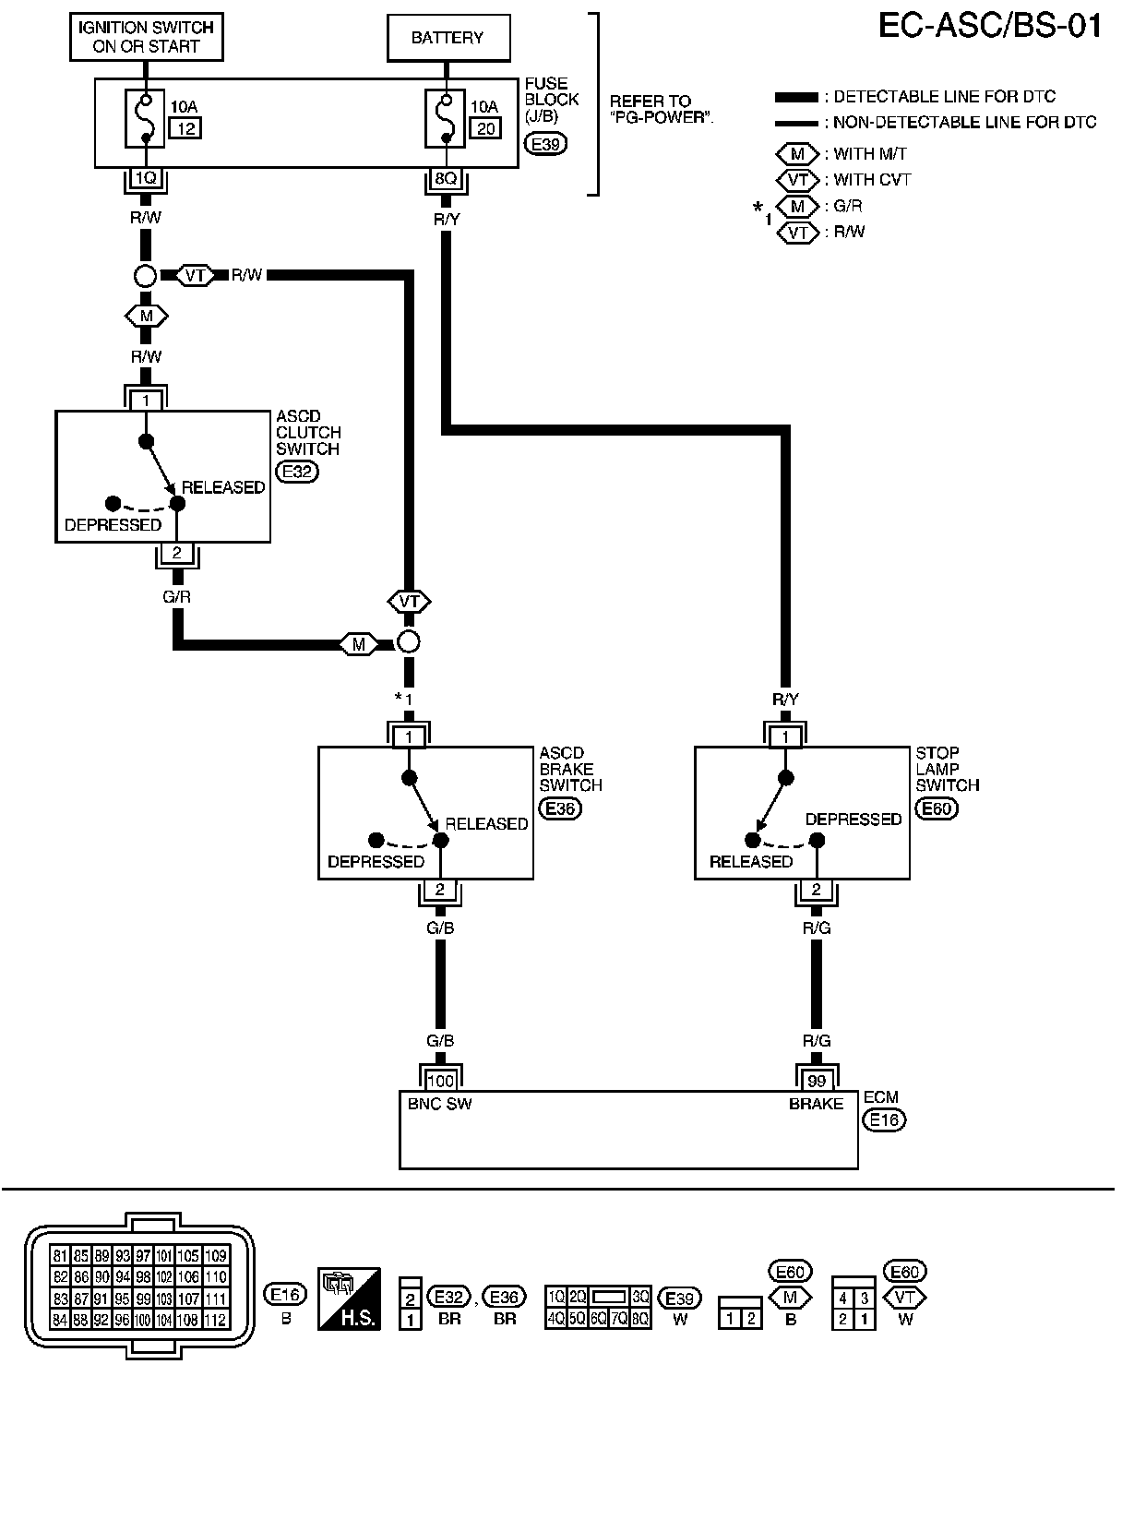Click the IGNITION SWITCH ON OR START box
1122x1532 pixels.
pos(147,37)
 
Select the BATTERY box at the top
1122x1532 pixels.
pos(448,38)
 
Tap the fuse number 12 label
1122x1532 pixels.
pos(186,128)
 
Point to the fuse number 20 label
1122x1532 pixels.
pos(485,128)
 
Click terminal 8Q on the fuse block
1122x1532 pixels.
pos(446,179)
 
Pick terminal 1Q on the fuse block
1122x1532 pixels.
pos(146,179)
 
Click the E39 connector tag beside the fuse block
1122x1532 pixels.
pos(545,144)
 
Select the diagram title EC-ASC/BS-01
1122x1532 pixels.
pos(989,27)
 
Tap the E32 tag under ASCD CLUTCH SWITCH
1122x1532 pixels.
pos(297,472)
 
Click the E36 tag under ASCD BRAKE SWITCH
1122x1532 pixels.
pos(560,809)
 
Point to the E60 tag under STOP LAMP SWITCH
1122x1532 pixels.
pos(937,809)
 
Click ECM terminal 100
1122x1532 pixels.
pos(440,1081)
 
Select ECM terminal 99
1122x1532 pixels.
pos(817,1081)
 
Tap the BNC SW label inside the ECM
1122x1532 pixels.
pos(439,1104)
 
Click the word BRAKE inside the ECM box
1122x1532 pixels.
pos(816,1104)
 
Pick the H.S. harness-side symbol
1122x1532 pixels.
pos(349,1299)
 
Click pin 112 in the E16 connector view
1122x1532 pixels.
pos(215,1320)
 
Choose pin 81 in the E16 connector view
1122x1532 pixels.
pos(60,1256)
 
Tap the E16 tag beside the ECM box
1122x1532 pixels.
pos(884,1120)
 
